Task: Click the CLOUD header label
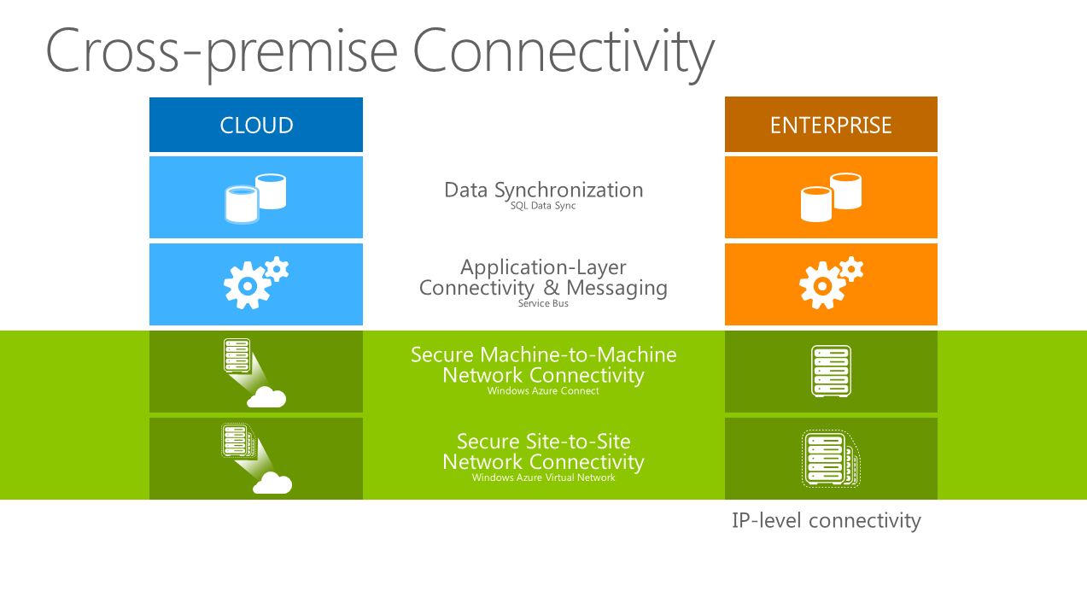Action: pyautogui.click(x=256, y=126)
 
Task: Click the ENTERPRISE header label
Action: pyautogui.click(x=831, y=126)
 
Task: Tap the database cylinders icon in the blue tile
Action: pyautogui.click(x=255, y=198)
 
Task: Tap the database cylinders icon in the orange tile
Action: pyautogui.click(x=831, y=197)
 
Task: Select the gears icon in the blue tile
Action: pyautogui.click(x=255, y=283)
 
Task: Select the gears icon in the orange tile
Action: pyautogui.click(x=832, y=283)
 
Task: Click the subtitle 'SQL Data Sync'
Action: pyautogui.click(x=543, y=206)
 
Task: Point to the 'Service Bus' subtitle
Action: pyautogui.click(x=543, y=303)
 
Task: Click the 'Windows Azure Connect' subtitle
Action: pyautogui.click(x=543, y=390)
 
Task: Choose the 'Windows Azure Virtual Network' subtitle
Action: pyautogui.click(x=543, y=477)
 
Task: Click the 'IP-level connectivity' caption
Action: pyautogui.click(x=827, y=521)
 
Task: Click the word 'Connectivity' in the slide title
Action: pyautogui.click(x=564, y=52)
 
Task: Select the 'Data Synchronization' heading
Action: pyautogui.click(x=543, y=190)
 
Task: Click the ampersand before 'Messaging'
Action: pyautogui.click(x=551, y=287)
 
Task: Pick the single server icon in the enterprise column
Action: pyautogui.click(x=831, y=372)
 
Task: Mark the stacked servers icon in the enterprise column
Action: pyautogui.click(x=831, y=459)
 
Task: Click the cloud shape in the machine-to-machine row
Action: pyautogui.click(x=266, y=397)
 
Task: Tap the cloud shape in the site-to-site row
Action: pyautogui.click(x=272, y=483)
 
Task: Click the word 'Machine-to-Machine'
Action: pyautogui.click(x=578, y=354)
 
